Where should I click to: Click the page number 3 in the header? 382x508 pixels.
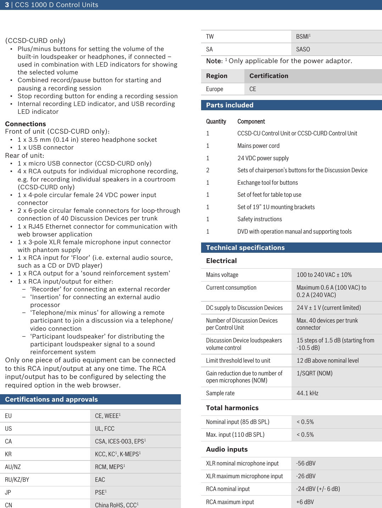[x=7, y=5]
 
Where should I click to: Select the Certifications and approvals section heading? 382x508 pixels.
[x=51, y=400]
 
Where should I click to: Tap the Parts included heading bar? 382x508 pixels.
[x=230, y=105]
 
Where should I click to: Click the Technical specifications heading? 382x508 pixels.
[x=245, y=248]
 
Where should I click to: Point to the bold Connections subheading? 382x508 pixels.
[x=26, y=124]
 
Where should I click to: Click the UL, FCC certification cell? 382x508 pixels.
[x=105, y=429]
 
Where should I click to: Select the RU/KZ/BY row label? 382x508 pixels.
[x=17, y=480]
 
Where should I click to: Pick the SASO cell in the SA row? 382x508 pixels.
[x=303, y=49]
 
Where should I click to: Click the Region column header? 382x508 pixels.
[x=217, y=76]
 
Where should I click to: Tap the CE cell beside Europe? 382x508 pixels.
[x=253, y=89]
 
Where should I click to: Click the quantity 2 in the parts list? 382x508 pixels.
[x=208, y=170]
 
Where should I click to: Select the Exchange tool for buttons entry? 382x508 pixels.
[x=267, y=183]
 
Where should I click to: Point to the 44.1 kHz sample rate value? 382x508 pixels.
[x=308, y=393]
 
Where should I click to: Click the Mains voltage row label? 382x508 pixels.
[x=222, y=275]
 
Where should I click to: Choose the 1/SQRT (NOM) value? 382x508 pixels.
[x=314, y=373]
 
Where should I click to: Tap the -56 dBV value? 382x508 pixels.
[x=306, y=463]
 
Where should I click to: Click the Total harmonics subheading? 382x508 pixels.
[x=232, y=408]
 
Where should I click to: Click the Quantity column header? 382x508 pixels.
[x=216, y=122]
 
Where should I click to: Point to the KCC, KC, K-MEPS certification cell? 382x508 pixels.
[x=118, y=454]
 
